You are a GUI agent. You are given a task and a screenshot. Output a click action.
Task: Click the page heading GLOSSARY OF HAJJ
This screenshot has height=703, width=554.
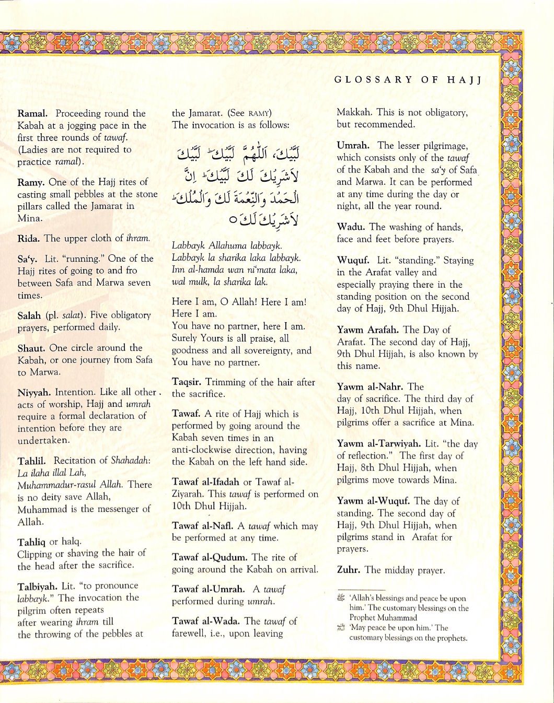click(408, 80)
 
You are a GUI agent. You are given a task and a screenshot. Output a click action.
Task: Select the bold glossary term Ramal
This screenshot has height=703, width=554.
click(32, 113)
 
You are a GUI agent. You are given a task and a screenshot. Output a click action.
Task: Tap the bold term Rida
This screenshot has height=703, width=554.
click(29, 238)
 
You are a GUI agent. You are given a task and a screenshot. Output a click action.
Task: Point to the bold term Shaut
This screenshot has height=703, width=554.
click(31, 348)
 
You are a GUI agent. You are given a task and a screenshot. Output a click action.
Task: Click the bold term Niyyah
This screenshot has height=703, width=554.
click(34, 392)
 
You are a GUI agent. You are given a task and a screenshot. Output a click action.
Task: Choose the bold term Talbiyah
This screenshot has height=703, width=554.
click(37, 586)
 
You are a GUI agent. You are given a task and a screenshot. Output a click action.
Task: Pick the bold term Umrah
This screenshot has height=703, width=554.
click(353, 146)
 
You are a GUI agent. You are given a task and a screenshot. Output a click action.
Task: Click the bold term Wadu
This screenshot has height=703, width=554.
click(351, 227)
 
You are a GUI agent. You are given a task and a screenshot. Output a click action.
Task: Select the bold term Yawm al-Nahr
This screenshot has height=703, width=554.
click(370, 387)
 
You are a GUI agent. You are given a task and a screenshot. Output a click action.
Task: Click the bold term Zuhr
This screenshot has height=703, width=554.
click(348, 570)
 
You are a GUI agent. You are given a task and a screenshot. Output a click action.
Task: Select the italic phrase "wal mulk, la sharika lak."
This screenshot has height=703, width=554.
click(220, 282)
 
